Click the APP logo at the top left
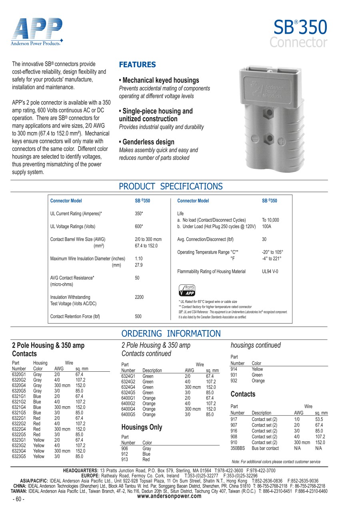tap(37, 32)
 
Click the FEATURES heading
tap(138, 65)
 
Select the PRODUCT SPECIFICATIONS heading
tap(171, 186)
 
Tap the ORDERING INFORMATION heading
tap(171, 334)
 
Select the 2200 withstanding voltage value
tap(139, 297)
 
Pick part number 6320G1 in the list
tap(19, 375)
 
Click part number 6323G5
tap(19, 456)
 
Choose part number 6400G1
tap(128, 398)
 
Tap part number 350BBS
tap(238, 448)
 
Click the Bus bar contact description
tap(265, 448)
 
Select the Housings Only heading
tap(142, 427)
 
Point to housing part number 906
tap(125, 449)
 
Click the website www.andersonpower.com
tap(169, 496)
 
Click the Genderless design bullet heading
tap(147, 142)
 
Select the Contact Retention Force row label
tap(75, 317)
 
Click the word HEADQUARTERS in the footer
tap(81, 471)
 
